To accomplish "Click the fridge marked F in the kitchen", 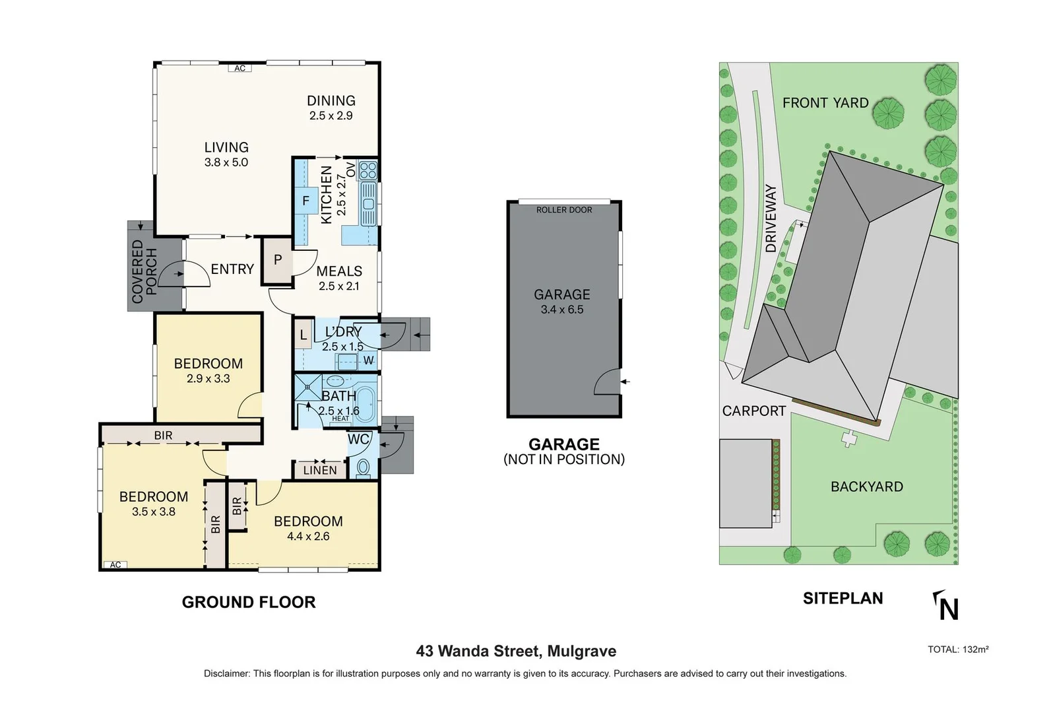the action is coord(306,201).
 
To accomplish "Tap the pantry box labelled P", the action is coord(277,260).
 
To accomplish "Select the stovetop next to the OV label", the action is coord(367,171).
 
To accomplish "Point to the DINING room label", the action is coord(331,101).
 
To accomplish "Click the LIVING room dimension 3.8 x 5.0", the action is coord(226,162).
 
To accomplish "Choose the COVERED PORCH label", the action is coord(144,271).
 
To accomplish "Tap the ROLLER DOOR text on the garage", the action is coord(564,210).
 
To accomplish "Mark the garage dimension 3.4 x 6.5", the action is coord(562,310).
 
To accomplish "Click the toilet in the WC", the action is coord(363,467).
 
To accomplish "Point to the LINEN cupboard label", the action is coord(320,470).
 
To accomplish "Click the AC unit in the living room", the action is coord(239,68).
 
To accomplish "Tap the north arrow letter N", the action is coord(949,609).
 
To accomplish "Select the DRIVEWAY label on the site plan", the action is coord(771,219).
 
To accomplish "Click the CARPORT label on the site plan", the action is coord(754,411).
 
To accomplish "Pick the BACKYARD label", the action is coord(867,487).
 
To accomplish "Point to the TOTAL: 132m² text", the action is coord(958,650).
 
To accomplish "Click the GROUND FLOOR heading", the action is coord(249,602).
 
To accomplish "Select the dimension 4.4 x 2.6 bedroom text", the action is coord(308,536).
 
